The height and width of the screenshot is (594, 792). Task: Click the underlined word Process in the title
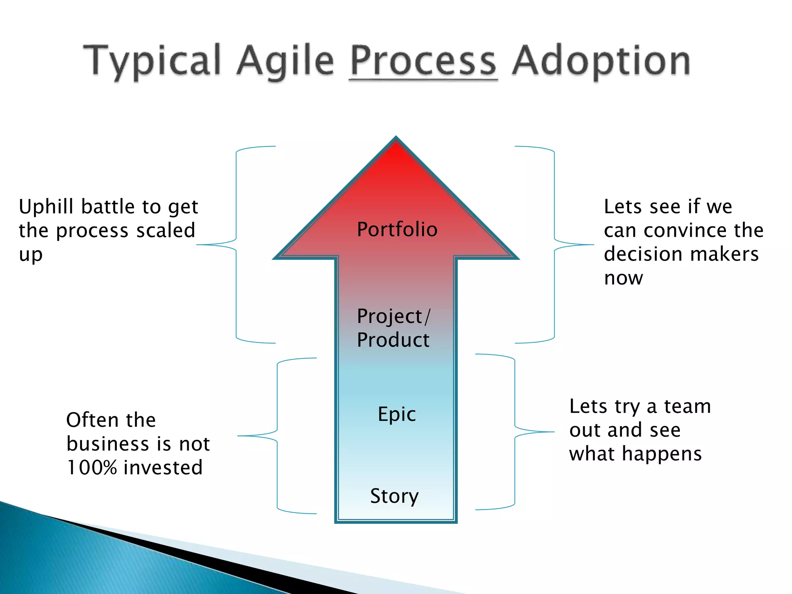pos(423,61)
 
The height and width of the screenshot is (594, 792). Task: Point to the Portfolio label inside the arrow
pos(397,229)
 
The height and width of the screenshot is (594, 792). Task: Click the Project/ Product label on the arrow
pos(393,328)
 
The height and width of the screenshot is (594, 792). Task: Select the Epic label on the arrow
pos(397,414)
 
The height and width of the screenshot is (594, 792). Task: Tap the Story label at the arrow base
pos(394,496)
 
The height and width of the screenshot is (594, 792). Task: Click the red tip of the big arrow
pos(396,155)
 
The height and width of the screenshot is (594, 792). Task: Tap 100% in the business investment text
pos(92,467)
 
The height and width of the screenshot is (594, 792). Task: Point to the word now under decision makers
pos(623,278)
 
